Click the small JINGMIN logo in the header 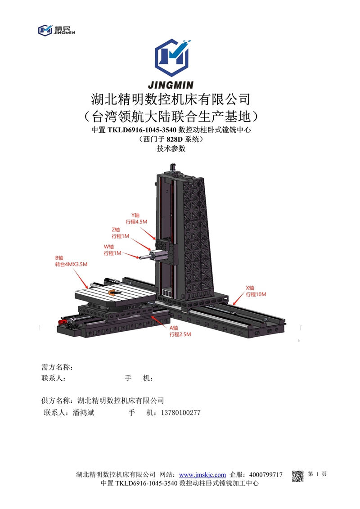56,30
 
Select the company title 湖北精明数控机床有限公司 170,99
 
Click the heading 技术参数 171,149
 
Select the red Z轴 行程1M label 120,233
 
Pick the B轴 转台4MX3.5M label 68,261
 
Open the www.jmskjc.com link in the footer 202,475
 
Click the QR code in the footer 298,476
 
